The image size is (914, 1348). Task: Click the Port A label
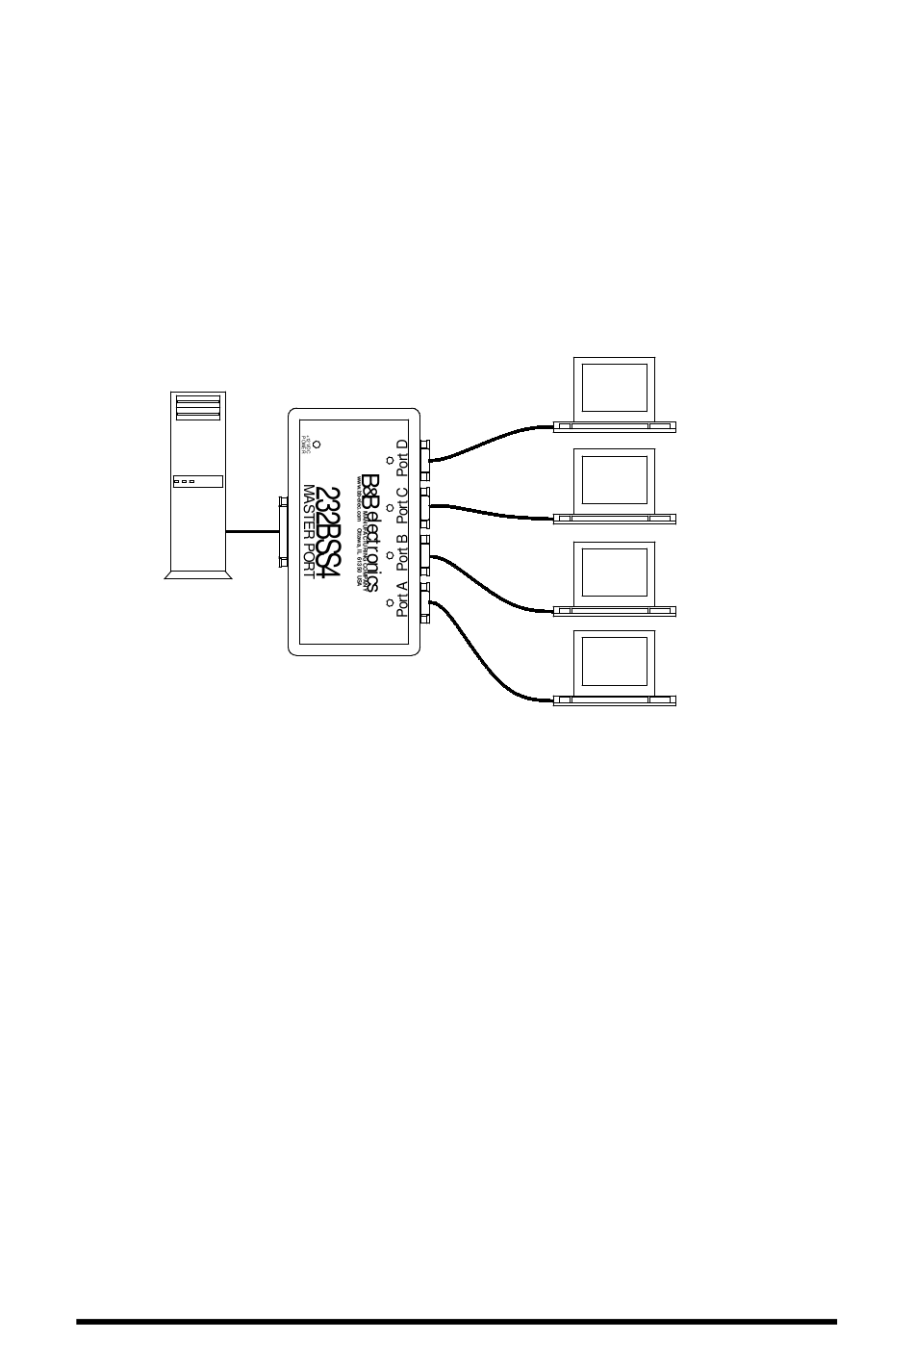(402, 598)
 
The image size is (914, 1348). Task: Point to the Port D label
(402, 456)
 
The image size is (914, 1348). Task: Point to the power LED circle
(317, 445)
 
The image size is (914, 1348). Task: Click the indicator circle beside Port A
(389, 602)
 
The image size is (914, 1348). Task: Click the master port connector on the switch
(283, 531)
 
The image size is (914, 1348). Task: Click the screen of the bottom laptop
(614, 661)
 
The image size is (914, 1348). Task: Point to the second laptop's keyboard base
(614, 519)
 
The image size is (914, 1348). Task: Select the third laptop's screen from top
(614, 572)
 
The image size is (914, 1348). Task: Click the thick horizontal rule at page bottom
(457, 1321)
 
